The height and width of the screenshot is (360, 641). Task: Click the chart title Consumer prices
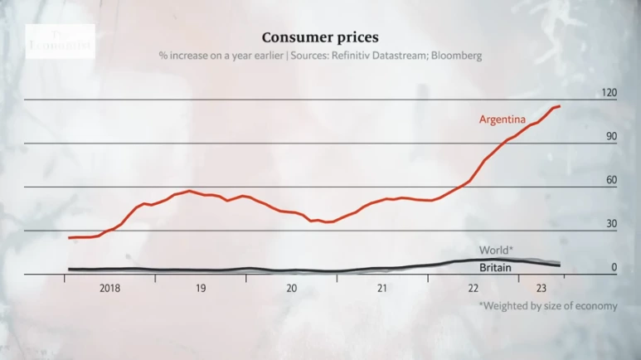pyautogui.click(x=320, y=37)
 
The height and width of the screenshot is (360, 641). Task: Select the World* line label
pyautogui.click(x=496, y=250)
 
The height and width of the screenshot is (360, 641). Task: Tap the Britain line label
pyautogui.click(x=495, y=267)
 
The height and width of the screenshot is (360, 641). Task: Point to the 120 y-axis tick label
pyautogui.click(x=609, y=93)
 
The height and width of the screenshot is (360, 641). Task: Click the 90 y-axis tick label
pyautogui.click(x=611, y=136)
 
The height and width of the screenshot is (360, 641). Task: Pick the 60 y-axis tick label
pyautogui.click(x=611, y=180)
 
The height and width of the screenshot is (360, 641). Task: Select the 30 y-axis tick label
pyautogui.click(x=611, y=224)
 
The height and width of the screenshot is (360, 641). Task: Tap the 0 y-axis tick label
pyautogui.click(x=614, y=267)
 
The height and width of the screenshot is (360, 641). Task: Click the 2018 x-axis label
pyautogui.click(x=109, y=288)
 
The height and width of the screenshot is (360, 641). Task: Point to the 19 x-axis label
pyautogui.click(x=201, y=288)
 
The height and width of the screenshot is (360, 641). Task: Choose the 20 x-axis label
pyautogui.click(x=291, y=288)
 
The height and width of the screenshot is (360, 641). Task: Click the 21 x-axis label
pyautogui.click(x=382, y=288)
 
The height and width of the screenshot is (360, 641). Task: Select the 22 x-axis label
pyautogui.click(x=473, y=288)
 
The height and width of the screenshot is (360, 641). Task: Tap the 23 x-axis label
pyautogui.click(x=541, y=288)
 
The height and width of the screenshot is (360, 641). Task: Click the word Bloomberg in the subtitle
pyautogui.click(x=456, y=56)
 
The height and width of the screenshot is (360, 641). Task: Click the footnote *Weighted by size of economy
pyautogui.click(x=547, y=305)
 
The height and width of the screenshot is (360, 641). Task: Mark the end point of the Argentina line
pyautogui.click(x=560, y=106)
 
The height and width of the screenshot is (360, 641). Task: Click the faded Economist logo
pyautogui.click(x=60, y=40)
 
